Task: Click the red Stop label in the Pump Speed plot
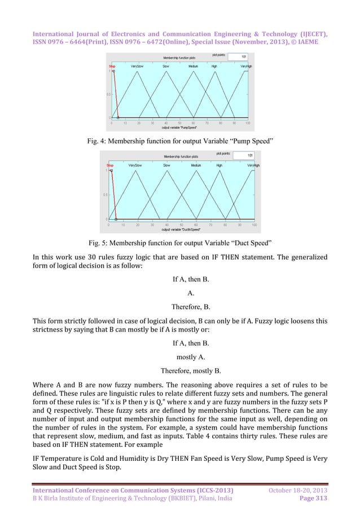point(112,66)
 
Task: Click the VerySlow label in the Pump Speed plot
point(137,66)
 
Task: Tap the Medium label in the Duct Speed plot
point(196,165)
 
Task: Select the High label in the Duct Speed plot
point(219,165)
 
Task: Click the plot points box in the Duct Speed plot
point(244,154)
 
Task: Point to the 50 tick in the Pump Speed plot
point(179,123)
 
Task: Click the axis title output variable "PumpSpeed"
point(179,128)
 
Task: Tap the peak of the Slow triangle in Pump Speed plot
point(166,71)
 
